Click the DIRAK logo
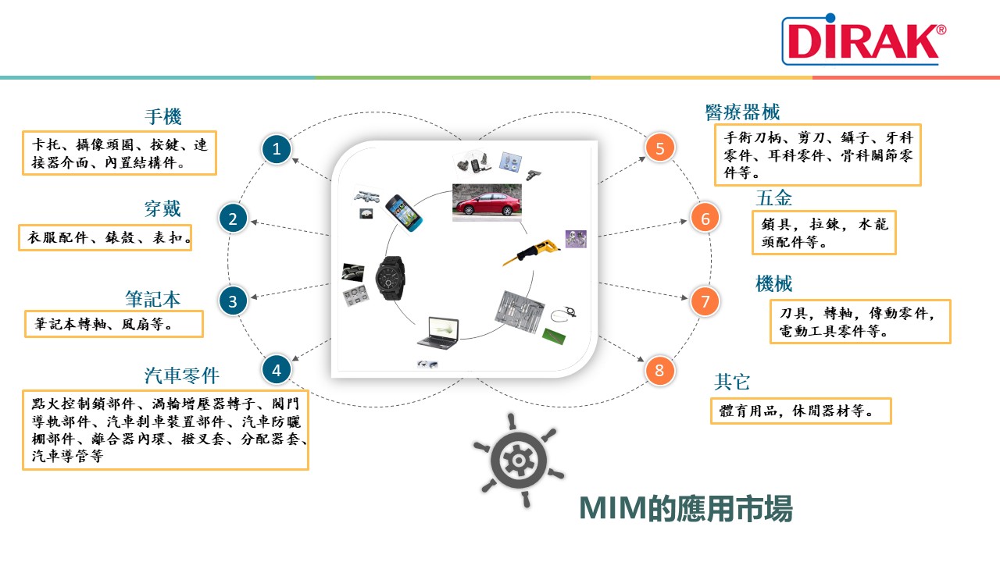864,39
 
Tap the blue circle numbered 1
277,149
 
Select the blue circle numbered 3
233,301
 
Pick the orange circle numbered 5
660,148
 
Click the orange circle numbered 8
659,370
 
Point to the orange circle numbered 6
705,218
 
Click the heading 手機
163,116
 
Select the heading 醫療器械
742,112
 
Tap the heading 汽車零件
182,375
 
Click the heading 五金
773,197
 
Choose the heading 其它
732,382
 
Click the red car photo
487,203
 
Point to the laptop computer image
438,333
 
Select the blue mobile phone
404,213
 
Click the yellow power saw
531,252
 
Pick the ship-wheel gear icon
518,461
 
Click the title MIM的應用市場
686,508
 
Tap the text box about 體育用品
801,411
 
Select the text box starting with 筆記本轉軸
114,324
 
